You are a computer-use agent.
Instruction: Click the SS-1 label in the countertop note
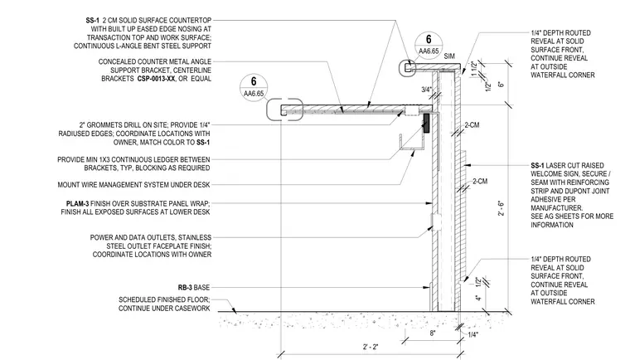click(x=92, y=20)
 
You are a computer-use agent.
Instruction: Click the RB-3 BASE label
click(x=194, y=288)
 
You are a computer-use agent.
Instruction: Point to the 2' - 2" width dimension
click(x=371, y=347)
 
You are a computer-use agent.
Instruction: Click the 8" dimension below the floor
click(x=433, y=333)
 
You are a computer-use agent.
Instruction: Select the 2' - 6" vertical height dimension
click(x=501, y=208)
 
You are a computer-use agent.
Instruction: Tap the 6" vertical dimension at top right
click(x=501, y=85)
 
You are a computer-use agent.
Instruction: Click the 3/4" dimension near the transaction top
click(x=426, y=90)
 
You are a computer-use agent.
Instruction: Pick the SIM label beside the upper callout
click(x=449, y=56)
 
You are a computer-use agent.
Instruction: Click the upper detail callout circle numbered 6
click(x=429, y=45)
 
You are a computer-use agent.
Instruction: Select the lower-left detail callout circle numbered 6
click(x=254, y=87)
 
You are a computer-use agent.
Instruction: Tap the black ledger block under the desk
click(x=426, y=123)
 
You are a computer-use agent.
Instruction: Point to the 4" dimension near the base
click(x=477, y=298)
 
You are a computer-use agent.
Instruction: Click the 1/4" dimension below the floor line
click(x=473, y=334)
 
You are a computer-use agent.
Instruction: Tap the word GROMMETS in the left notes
click(x=104, y=125)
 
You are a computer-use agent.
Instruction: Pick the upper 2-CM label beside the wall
click(x=472, y=125)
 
